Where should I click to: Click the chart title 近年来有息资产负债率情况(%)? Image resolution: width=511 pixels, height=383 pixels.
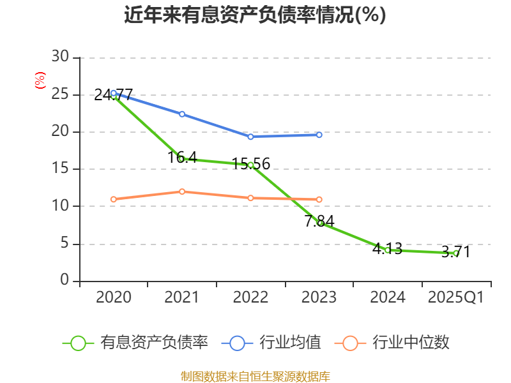tap(255, 15)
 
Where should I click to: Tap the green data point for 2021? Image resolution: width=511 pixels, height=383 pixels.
tap(181, 158)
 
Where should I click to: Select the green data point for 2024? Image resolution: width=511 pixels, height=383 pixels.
tap(387, 250)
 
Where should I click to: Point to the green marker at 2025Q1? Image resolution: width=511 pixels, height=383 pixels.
tap(455, 253)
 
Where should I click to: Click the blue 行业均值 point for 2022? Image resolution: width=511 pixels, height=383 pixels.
tap(250, 137)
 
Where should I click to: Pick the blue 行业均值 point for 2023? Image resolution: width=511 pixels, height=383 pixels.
tap(319, 135)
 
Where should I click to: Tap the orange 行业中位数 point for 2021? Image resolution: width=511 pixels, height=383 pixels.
tap(182, 191)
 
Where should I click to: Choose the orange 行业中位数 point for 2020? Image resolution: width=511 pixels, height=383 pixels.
tap(113, 199)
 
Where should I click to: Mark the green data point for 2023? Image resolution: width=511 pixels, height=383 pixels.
tap(319, 223)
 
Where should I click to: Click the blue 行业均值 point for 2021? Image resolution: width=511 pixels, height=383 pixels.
tap(182, 114)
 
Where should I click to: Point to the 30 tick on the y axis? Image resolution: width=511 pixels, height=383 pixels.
tap(60, 57)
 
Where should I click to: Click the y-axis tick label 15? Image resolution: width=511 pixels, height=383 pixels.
tap(60, 169)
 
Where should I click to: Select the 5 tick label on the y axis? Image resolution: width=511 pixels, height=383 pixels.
tap(64, 244)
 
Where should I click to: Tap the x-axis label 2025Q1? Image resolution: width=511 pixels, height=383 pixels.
tap(455, 297)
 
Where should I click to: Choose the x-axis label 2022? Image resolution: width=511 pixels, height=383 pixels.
tap(250, 297)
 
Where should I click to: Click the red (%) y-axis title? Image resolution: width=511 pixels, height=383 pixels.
tap(40, 81)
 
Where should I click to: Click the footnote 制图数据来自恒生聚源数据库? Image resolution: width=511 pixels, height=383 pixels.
tap(255, 376)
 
